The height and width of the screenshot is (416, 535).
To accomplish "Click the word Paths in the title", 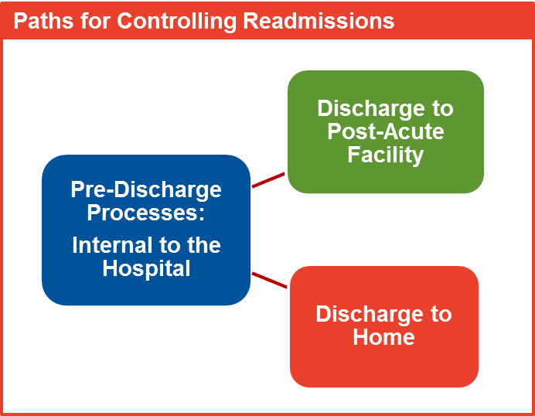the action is coord(43,20).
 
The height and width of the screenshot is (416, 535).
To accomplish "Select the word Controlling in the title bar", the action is coord(177,22).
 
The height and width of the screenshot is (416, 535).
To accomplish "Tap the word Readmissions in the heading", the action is coord(319,20).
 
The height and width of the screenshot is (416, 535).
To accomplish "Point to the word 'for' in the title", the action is coord(95,20).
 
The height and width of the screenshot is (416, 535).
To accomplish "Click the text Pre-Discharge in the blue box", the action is coord(146,190).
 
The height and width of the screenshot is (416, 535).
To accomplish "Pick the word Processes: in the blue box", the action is coord(145,213).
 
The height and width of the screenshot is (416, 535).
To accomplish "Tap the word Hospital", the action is coord(146,269).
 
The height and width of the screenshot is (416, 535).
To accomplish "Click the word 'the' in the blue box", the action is coord(204,245).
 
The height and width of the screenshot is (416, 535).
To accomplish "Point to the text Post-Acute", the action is coord(386,131).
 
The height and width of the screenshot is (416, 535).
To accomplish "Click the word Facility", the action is coord(386,155).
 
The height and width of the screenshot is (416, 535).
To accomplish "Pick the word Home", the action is coord(383,337).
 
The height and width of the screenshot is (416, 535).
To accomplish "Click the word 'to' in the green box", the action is coord(442,108).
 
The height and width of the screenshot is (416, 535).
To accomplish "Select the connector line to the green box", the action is coord(268,180).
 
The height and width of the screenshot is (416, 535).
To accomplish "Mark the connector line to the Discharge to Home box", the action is coord(269,280).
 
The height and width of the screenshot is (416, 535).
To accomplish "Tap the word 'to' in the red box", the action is coord(441,314).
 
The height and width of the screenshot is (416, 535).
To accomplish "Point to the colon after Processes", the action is coord(202,214).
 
